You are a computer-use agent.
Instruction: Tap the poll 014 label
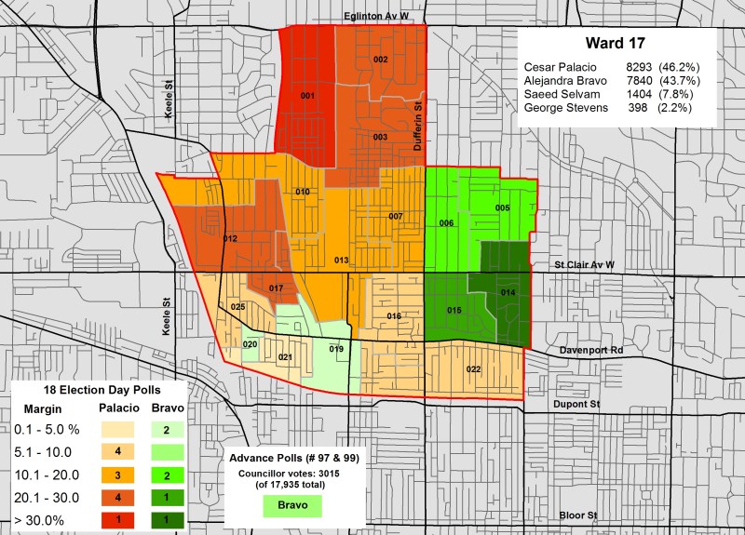[x=508, y=293]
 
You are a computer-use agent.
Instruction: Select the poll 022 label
[x=473, y=369]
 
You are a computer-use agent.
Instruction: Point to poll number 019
[x=336, y=349]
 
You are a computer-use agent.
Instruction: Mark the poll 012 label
[x=230, y=239]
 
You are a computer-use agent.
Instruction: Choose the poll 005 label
[x=502, y=207]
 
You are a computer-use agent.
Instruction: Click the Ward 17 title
[x=616, y=43]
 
